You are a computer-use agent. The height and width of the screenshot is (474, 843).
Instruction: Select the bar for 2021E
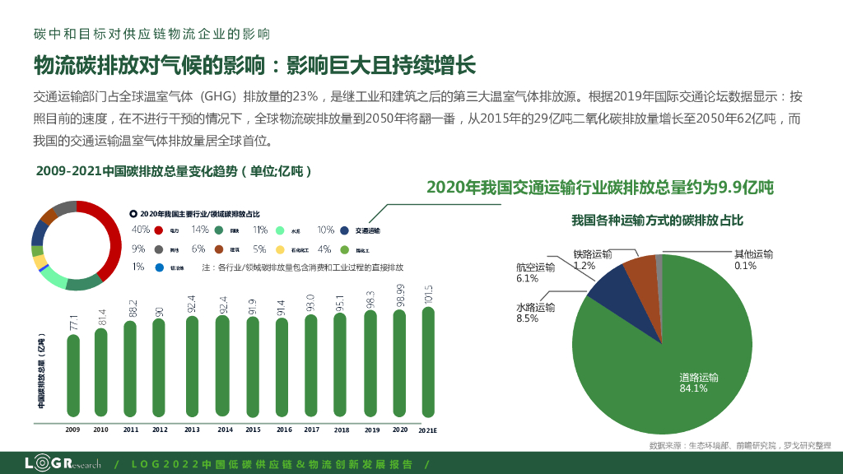point(428,362)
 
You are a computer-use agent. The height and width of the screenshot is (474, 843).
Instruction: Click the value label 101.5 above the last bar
point(428,295)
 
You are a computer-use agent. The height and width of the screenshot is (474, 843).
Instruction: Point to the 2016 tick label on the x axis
point(284,430)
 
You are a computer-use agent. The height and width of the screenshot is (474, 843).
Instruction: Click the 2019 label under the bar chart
point(372,430)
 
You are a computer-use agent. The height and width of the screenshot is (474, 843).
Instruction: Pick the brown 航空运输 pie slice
point(642,275)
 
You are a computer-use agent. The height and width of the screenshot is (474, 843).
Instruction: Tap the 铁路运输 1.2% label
point(593,260)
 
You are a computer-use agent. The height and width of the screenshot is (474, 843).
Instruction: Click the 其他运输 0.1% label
point(753,260)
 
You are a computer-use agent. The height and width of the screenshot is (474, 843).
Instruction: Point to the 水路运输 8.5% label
point(535,313)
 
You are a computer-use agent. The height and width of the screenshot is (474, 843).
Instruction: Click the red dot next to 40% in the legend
point(158,230)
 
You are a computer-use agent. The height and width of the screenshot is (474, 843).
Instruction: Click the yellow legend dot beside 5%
point(280,249)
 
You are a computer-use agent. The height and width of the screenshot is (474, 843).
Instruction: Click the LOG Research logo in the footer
point(62,463)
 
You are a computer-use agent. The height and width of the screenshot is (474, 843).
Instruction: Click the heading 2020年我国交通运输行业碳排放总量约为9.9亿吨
point(599,188)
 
